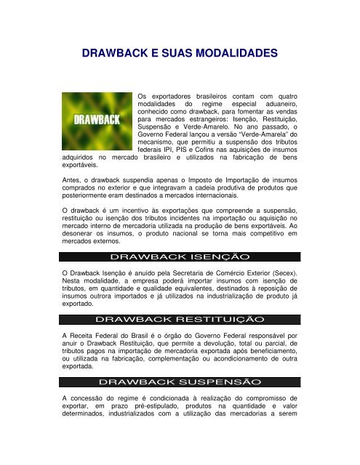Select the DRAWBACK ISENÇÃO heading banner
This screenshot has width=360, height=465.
(179, 256)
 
